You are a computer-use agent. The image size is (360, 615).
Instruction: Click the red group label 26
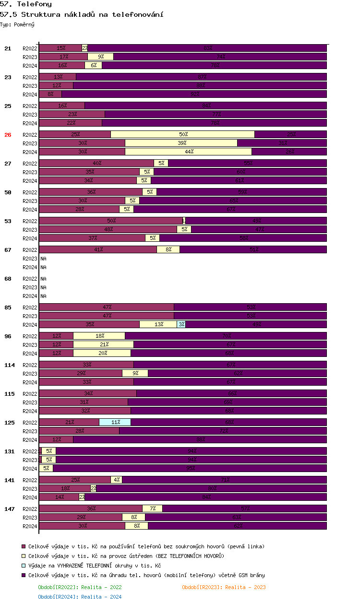[x=8, y=135]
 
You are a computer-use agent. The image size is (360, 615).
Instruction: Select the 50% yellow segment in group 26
[x=183, y=134]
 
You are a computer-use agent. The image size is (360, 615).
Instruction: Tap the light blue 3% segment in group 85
[x=181, y=324]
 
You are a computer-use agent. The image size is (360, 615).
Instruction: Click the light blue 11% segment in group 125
[x=115, y=422]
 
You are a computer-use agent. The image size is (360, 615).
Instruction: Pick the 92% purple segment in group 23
[x=194, y=94]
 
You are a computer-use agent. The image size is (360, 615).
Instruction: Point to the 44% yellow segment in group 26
[x=189, y=152]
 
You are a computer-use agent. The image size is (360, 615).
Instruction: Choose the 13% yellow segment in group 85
[x=158, y=324]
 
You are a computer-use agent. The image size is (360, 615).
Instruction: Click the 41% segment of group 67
[x=98, y=249]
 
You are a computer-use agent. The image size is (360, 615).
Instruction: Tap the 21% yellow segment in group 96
[x=104, y=344]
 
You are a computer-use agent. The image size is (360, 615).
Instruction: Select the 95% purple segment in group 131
[x=190, y=468]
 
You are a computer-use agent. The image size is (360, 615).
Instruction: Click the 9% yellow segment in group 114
[x=135, y=373]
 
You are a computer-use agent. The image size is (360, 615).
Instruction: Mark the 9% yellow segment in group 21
[x=101, y=57]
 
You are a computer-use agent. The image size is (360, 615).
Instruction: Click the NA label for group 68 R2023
[x=43, y=287]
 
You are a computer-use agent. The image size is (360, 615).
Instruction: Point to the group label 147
[x=10, y=509]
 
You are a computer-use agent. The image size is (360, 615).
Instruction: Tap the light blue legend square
[x=24, y=566]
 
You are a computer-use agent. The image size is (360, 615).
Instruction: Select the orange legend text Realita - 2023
[x=224, y=587]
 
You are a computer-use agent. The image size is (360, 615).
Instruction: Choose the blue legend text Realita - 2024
[x=80, y=597]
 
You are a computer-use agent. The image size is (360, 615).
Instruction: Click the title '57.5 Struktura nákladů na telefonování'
[x=82, y=14]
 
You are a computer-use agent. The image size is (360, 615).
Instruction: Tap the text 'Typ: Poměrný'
[x=17, y=24]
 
